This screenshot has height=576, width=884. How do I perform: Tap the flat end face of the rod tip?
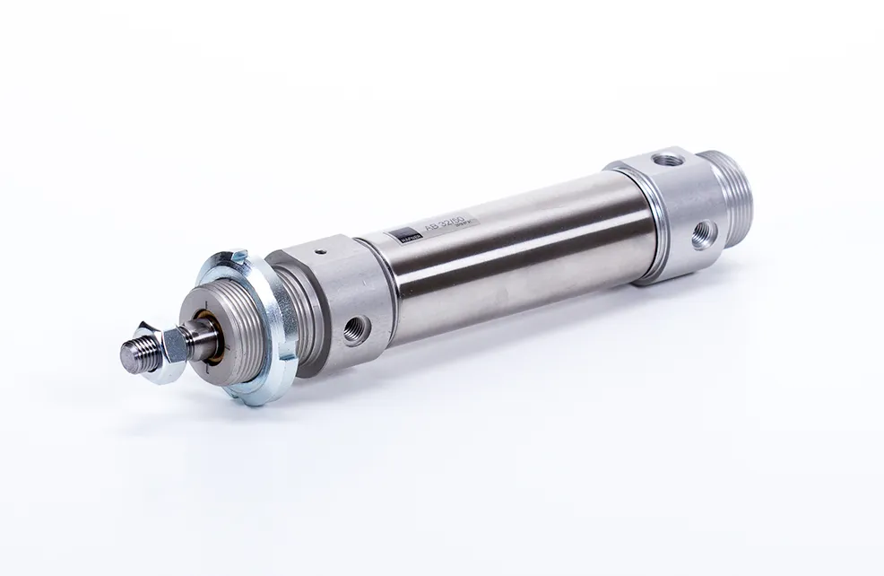126,356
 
